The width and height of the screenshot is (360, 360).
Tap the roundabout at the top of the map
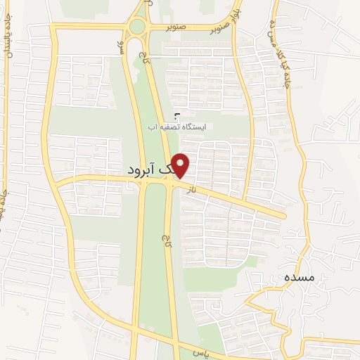[136, 27]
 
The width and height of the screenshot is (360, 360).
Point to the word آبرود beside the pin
[148, 171]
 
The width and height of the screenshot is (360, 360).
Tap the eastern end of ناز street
[284, 215]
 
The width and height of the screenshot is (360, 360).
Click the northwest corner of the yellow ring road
[53, 27]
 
